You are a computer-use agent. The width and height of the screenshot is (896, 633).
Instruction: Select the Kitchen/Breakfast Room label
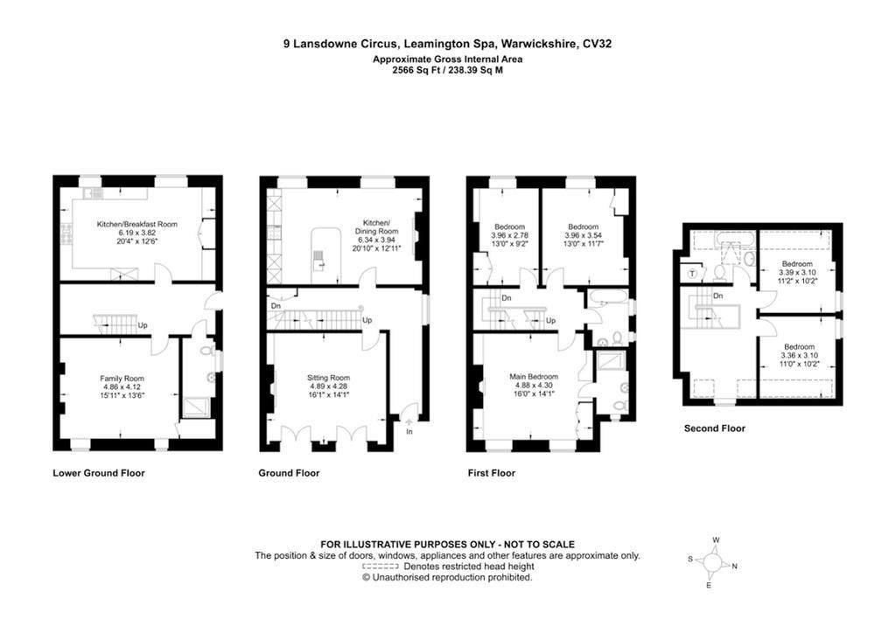[x=136, y=224]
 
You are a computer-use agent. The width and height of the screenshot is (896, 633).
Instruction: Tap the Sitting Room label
[x=328, y=378]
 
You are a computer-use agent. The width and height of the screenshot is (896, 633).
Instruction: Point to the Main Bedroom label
[x=533, y=377]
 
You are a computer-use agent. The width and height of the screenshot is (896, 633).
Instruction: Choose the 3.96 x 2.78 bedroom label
[x=509, y=226]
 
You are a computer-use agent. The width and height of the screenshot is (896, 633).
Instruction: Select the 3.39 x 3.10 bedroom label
[x=796, y=264]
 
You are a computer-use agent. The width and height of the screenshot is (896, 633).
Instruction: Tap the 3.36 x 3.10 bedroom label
[x=798, y=346]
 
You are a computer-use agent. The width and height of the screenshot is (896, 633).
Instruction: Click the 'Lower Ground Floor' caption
[x=99, y=473]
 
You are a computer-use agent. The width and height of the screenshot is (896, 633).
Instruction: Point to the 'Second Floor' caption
[x=715, y=428]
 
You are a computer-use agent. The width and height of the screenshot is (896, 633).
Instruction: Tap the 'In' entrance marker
[x=409, y=431]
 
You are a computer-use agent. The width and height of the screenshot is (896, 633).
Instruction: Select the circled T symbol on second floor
[x=694, y=273]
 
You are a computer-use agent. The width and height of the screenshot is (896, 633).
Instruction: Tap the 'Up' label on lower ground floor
[x=142, y=326]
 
